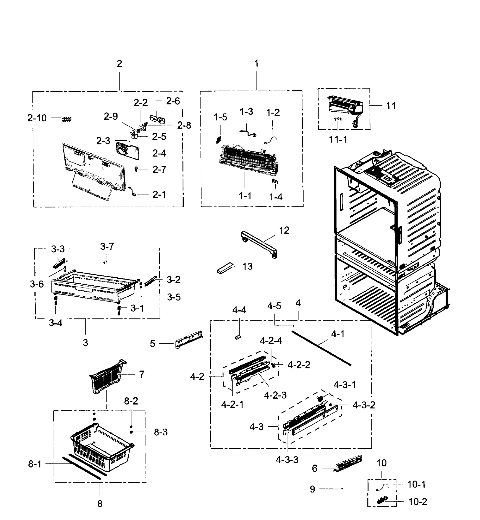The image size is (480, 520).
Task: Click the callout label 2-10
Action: (x=37, y=118)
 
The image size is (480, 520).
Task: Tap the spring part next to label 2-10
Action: (x=67, y=119)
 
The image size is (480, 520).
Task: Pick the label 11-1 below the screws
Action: (x=338, y=140)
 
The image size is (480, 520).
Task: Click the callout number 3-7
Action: (x=107, y=246)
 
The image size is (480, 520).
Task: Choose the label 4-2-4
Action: (x=271, y=340)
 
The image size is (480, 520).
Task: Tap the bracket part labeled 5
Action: (x=189, y=340)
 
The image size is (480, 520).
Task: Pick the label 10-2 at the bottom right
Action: (x=418, y=502)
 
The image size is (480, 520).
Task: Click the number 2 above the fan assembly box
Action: (x=119, y=63)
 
